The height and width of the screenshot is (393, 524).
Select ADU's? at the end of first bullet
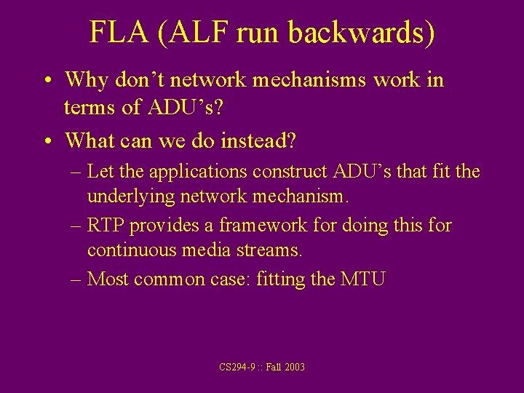186,108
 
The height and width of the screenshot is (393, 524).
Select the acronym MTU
362,279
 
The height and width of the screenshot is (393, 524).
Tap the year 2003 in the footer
295,368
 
